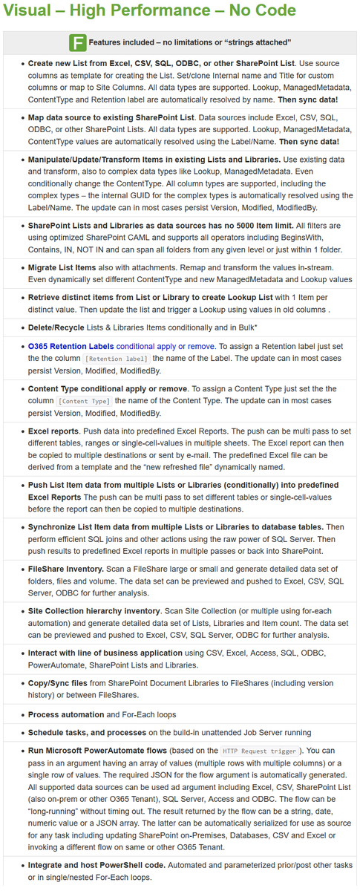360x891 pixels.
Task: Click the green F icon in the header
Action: point(76,42)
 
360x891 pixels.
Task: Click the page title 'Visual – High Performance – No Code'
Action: point(148,11)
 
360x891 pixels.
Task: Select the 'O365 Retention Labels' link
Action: point(71,345)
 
